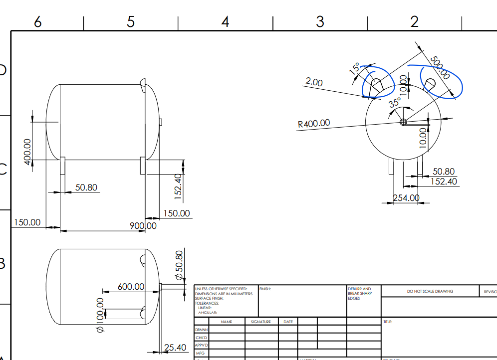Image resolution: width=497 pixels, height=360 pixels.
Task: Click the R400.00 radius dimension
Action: (x=314, y=123)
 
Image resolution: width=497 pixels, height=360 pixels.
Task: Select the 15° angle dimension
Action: (x=355, y=69)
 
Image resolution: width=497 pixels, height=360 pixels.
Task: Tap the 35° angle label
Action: (x=395, y=103)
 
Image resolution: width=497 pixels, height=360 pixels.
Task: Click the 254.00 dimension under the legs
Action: (x=406, y=198)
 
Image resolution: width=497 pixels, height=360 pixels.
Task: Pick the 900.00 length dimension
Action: (x=143, y=226)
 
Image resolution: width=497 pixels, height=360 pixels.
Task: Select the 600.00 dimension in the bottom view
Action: (x=131, y=287)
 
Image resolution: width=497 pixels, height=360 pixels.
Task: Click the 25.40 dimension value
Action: (x=175, y=348)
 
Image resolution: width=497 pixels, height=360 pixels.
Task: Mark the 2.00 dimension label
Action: (x=314, y=82)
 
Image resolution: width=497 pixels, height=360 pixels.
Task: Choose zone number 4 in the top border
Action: (x=226, y=22)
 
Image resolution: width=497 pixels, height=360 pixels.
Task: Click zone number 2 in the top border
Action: (x=414, y=22)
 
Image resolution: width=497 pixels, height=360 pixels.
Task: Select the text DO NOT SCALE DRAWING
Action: (x=430, y=291)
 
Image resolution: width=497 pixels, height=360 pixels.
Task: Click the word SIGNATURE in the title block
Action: (x=261, y=322)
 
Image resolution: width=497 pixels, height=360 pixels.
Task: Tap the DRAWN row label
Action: (x=201, y=330)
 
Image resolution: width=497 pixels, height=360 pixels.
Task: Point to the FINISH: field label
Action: (x=265, y=289)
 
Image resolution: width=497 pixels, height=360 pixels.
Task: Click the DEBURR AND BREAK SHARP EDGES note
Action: (x=360, y=293)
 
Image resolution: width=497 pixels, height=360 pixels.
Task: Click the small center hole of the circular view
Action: (x=403, y=122)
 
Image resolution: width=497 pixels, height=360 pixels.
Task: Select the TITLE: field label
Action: (x=388, y=322)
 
